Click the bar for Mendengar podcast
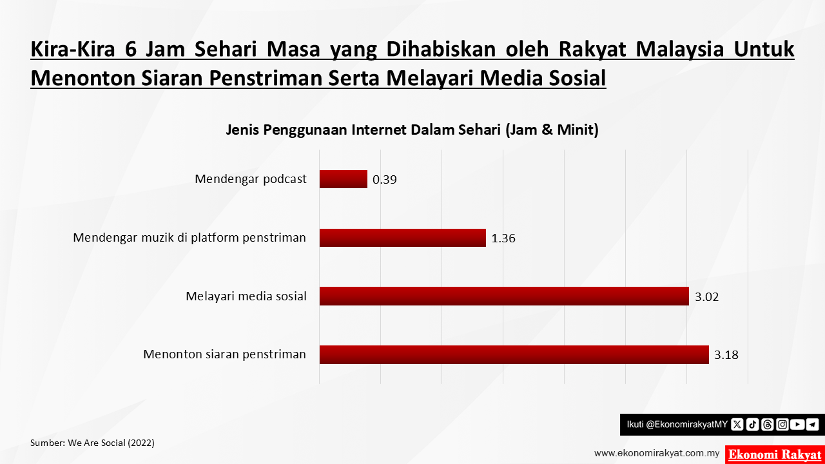[344, 179]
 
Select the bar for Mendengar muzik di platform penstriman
[403, 238]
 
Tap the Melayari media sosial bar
[504, 296]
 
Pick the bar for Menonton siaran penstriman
[514, 354]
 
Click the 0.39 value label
[385, 180]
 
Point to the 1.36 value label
[503, 238]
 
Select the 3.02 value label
[706, 297]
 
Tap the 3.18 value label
[726, 355]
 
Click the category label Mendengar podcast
[251, 179]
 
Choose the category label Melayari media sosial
[246, 296]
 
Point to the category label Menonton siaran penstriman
[225, 354]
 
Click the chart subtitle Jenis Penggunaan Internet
[412, 130]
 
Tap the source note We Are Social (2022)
[92, 443]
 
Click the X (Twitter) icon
[737, 425]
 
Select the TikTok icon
[752, 425]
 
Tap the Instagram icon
[782, 425]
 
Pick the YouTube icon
[797, 425]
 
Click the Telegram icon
[813, 425]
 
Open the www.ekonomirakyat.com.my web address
[657, 453]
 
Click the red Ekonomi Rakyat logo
[775, 455]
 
